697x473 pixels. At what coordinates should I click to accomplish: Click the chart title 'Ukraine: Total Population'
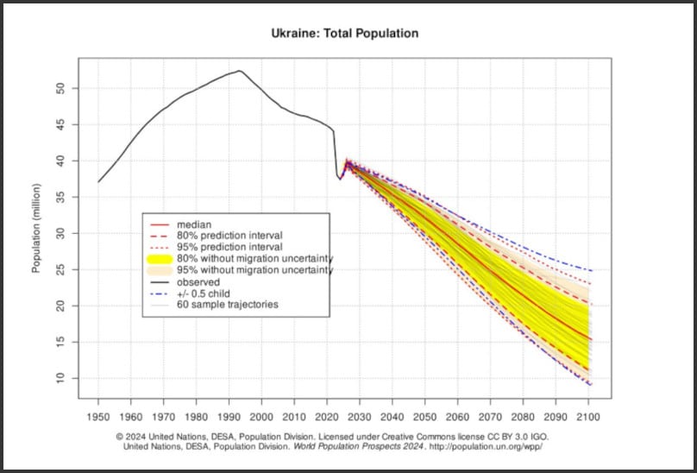coord(344,34)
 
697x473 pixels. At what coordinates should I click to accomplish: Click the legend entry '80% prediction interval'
coord(229,236)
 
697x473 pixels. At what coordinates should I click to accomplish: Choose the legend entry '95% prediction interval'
coord(229,247)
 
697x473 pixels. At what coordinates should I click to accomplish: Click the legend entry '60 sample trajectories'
coord(227,304)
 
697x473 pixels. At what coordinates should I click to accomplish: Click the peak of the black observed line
coord(239,71)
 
